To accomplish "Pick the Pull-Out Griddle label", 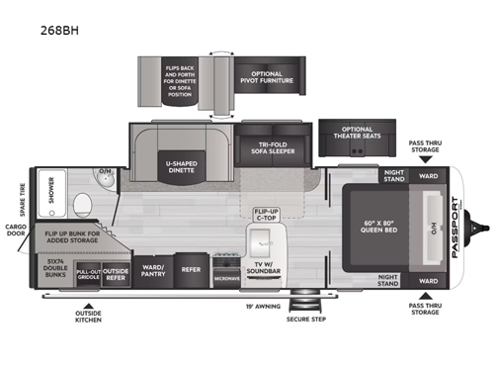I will click(x=88, y=275).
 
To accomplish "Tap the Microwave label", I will click(x=226, y=278).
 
